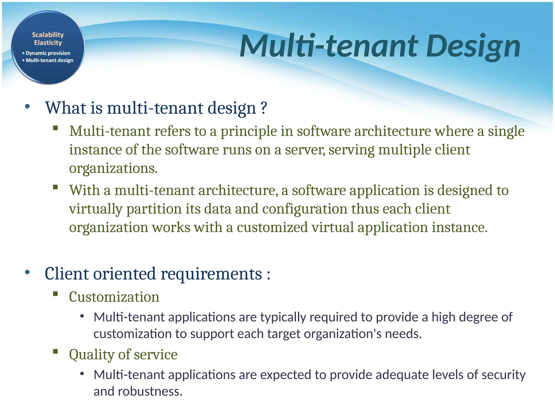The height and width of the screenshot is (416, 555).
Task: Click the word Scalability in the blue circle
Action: pos(48,35)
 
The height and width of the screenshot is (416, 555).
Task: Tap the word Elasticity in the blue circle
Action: pos(48,43)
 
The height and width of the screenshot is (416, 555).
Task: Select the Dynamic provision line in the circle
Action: pos(48,53)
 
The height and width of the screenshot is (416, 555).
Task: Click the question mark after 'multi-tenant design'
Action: pos(264,108)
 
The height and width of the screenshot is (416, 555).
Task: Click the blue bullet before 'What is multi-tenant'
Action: pos(27,106)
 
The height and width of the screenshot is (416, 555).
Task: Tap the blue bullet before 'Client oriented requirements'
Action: pos(27,272)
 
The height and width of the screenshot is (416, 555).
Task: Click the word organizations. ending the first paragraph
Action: pos(113,168)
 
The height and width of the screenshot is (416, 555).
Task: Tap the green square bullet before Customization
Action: pos(56,294)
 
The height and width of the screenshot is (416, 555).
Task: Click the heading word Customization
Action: pos(114,297)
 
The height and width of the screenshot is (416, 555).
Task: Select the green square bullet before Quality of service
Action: pos(56,352)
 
